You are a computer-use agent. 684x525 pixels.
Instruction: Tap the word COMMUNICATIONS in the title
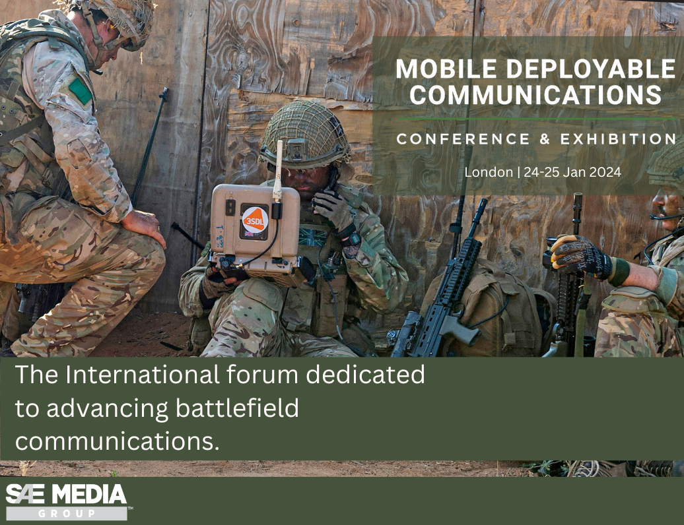point(535,94)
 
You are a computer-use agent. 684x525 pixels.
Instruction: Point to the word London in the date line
point(489,173)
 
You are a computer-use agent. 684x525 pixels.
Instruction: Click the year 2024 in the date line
point(602,173)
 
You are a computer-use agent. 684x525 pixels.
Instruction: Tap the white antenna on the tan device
point(279,169)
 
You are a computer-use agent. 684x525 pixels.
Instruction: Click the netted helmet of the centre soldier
point(304,133)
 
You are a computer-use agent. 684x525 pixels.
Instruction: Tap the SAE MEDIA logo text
point(66,494)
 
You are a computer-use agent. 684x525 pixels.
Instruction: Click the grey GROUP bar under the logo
point(66,513)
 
